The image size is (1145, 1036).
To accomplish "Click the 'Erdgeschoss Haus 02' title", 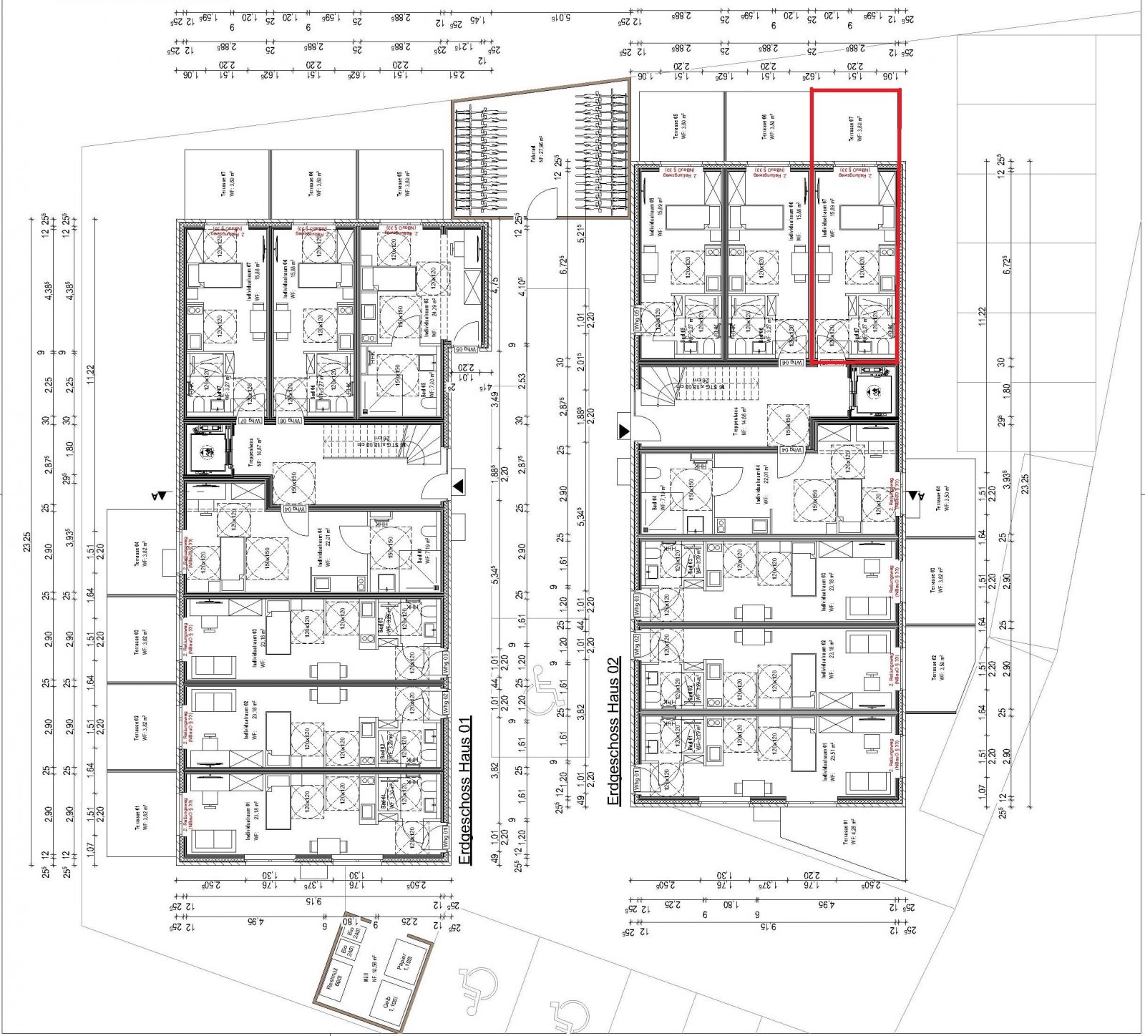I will [613, 729].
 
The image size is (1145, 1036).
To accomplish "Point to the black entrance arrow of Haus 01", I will [458, 486].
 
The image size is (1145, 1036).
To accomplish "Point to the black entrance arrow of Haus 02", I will [624, 431].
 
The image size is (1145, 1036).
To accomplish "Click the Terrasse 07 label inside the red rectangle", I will [854, 129].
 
